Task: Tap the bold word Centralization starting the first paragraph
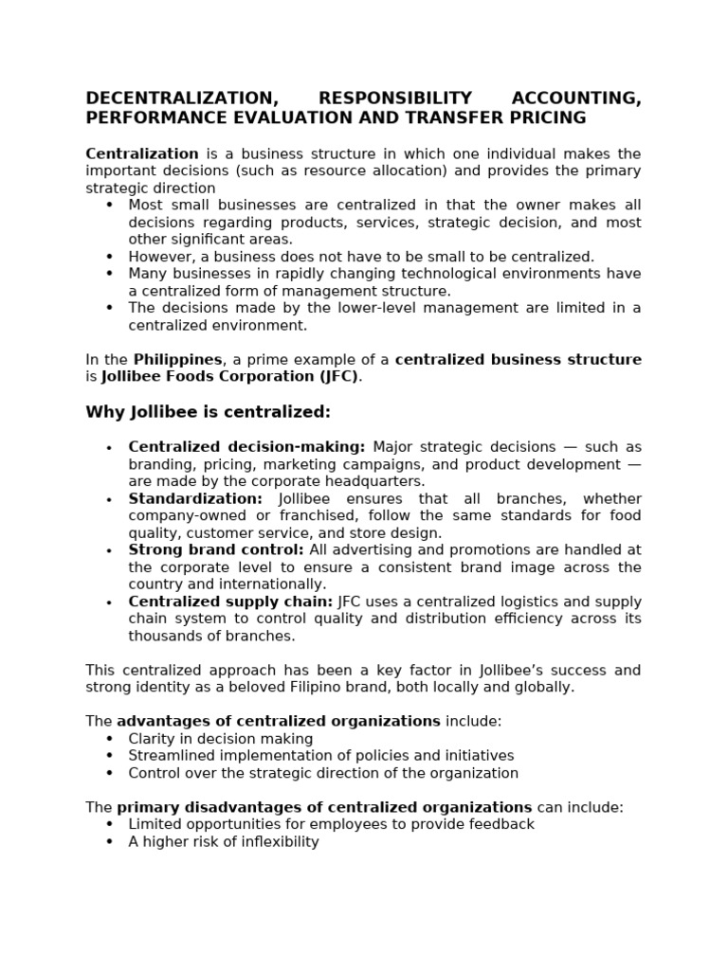142,153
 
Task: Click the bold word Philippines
178,359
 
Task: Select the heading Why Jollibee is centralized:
208,412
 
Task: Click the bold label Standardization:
195,498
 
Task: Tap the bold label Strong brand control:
216,549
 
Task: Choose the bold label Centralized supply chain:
230,602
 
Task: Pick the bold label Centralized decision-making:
246,447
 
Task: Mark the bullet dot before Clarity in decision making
109,739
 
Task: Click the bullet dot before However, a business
109,257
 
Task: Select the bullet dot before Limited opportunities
109,824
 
